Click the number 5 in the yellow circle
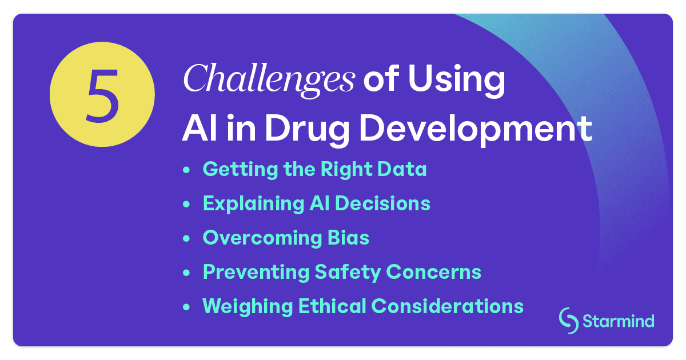[102, 94]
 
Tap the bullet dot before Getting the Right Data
[186, 170]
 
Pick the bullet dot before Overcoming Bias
[186, 239]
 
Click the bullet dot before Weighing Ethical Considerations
[186, 307]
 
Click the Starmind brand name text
[619, 321]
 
